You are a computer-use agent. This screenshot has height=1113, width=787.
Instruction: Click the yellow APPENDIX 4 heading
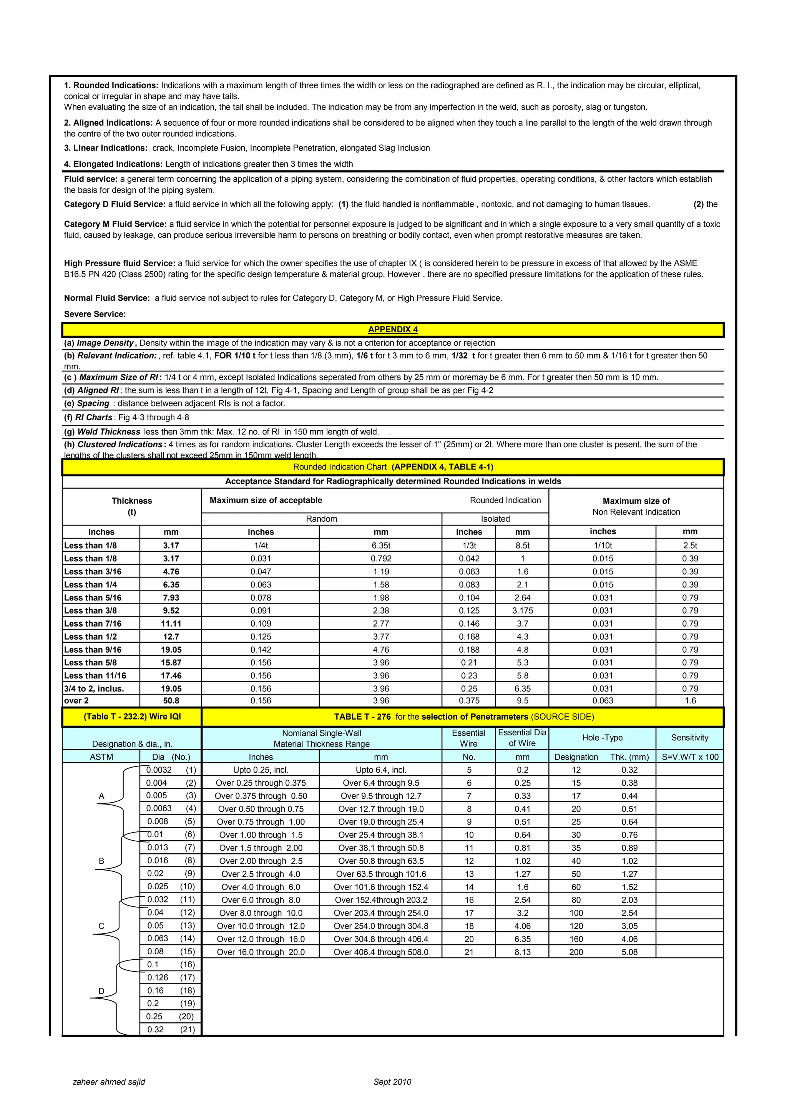[x=393, y=330]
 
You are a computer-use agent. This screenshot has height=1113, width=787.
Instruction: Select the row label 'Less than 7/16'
[x=93, y=624]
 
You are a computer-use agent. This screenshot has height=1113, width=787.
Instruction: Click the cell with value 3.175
[x=522, y=610]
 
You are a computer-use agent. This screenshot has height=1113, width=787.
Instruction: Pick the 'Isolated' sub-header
[x=495, y=519]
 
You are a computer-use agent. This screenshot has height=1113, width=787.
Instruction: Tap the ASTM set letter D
[x=101, y=991]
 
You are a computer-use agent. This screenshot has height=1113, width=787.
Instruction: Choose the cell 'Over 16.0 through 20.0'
[x=261, y=952]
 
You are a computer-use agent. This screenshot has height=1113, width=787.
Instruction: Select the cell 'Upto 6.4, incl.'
[x=381, y=770]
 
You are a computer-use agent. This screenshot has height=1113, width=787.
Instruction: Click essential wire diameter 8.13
[x=522, y=952]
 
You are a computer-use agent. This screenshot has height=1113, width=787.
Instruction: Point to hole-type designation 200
[x=576, y=952]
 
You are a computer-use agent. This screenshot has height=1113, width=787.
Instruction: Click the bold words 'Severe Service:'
[x=95, y=314]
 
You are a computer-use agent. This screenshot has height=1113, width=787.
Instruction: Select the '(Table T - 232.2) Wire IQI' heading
[x=132, y=717]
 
